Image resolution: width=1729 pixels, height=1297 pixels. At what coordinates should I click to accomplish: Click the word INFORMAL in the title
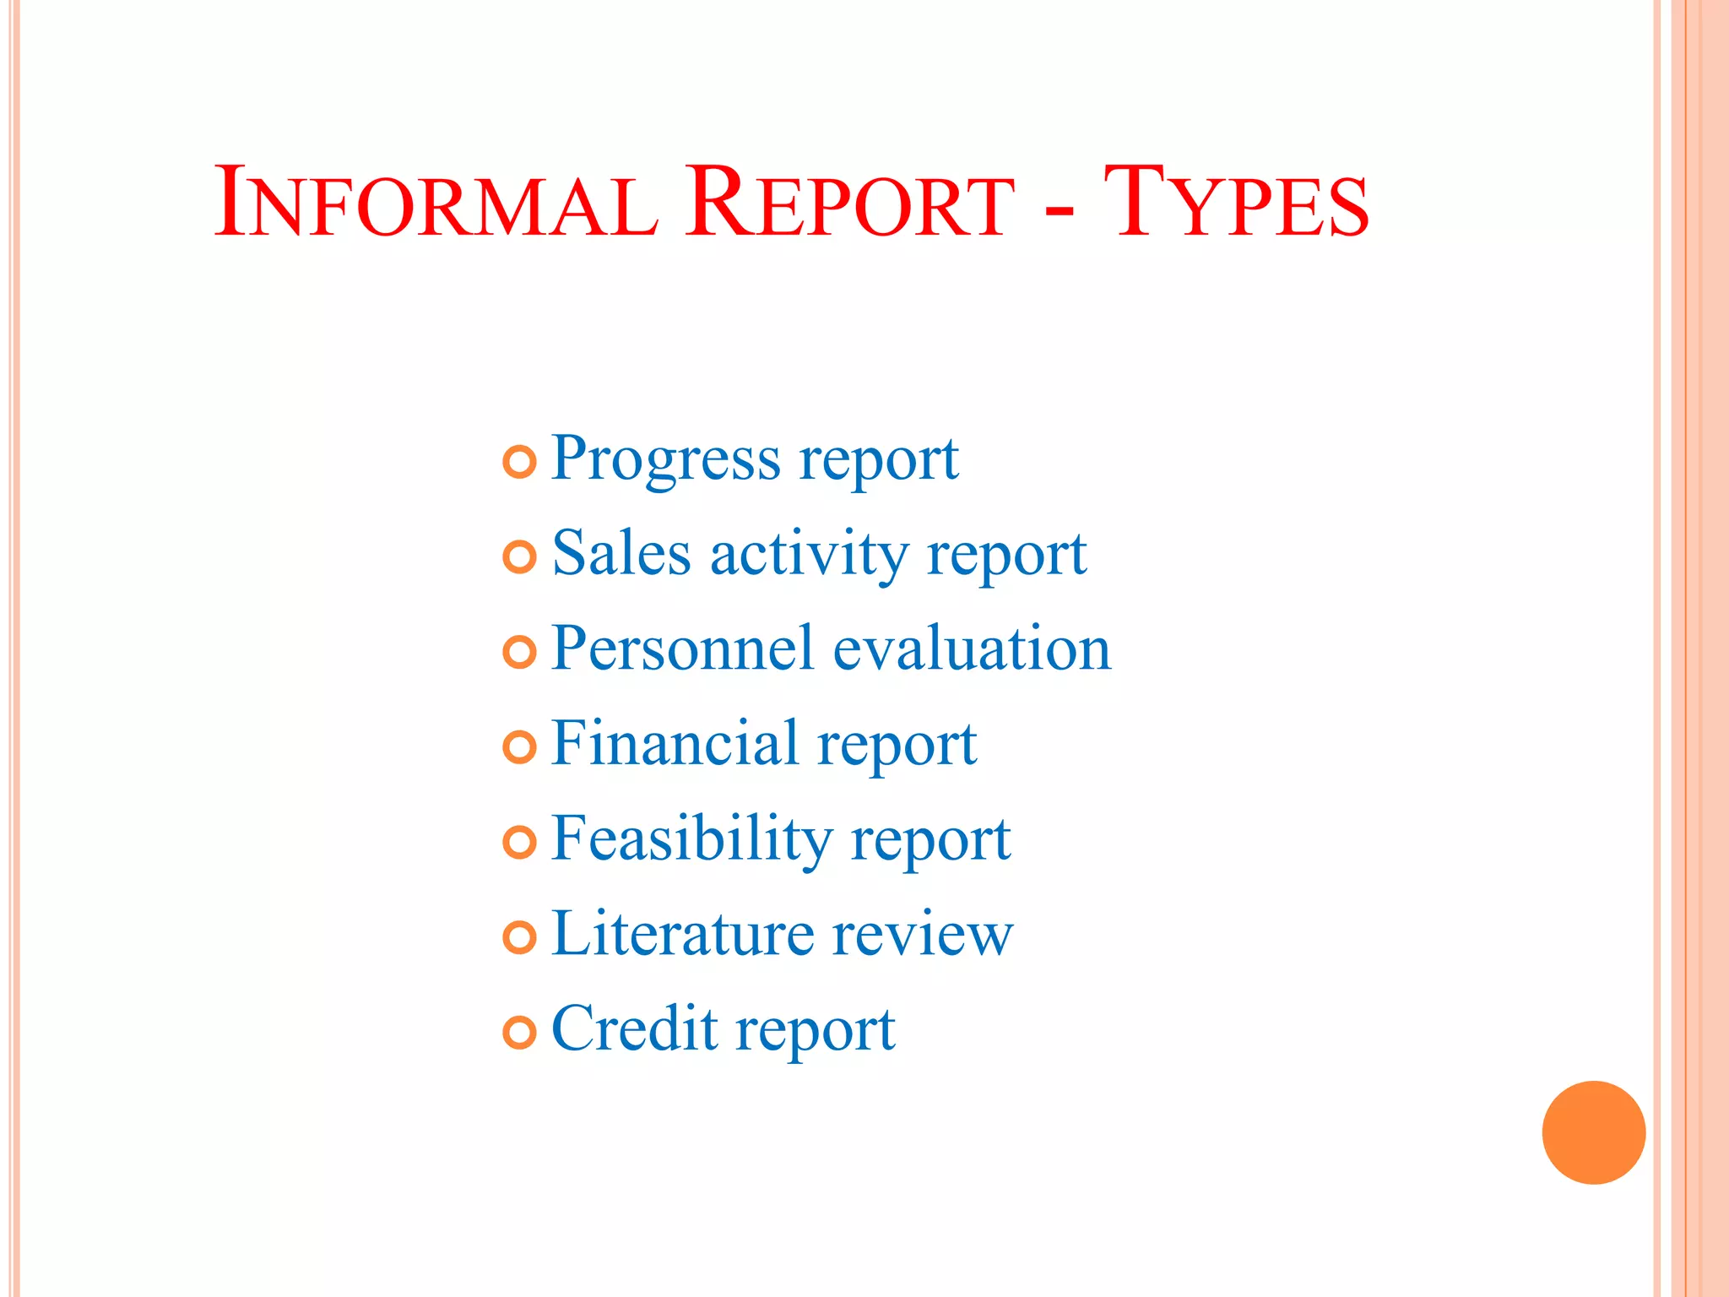(x=435, y=203)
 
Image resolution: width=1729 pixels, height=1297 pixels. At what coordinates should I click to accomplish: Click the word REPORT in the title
(x=848, y=203)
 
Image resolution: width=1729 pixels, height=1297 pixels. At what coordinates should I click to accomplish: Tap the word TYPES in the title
(x=1236, y=203)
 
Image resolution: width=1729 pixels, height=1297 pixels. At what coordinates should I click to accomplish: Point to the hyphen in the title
(x=1059, y=210)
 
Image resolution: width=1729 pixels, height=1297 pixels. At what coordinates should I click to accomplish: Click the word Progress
(x=666, y=460)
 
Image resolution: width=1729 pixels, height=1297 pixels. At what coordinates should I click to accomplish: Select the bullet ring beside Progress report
(x=519, y=462)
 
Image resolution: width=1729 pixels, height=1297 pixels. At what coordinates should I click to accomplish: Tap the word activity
(x=809, y=556)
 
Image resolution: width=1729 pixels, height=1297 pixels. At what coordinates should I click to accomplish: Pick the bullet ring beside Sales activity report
(x=519, y=557)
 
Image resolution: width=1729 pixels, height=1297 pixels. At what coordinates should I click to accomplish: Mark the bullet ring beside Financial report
(x=519, y=747)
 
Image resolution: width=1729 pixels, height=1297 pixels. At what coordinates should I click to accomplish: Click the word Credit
(x=634, y=1029)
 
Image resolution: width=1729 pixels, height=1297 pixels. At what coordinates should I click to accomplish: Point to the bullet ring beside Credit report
(x=519, y=1032)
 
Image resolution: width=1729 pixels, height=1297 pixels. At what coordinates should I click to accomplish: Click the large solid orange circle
(x=1593, y=1132)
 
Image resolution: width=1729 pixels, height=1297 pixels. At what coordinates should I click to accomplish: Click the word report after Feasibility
(x=930, y=842)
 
